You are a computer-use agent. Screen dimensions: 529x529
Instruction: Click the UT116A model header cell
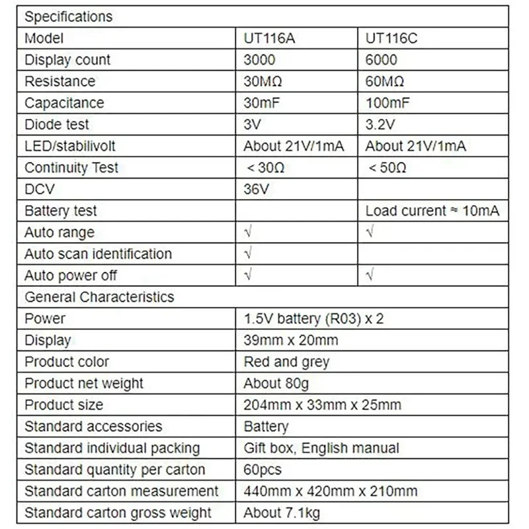pyautogui.click(x=268, y=38)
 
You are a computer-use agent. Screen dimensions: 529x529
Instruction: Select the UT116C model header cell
pyautogui.click(x=391, y=38)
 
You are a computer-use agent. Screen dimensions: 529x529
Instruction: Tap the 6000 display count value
pyautogui.click(x=382, y=60)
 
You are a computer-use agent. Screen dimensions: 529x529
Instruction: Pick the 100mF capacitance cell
pyautogui.click(x=387, y=103)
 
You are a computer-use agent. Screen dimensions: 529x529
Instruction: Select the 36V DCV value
pyautogui.click(x=257, y=189)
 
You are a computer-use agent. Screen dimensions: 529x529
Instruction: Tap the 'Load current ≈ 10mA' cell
pyautogui.click(x=432, y=211)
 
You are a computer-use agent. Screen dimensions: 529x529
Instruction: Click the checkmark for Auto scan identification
pyautogui.click(x=248, y=254)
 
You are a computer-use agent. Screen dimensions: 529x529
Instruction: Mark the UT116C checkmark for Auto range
pyautogui.click(x=370, y=232)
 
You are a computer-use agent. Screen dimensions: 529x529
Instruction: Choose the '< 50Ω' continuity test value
pyautogui.click(x=387, y=168)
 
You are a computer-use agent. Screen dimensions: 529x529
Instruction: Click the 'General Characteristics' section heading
pyautogui.click(x=99, y=297)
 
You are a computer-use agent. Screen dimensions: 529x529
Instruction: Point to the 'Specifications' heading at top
pyautogui.click(x=69, y=17)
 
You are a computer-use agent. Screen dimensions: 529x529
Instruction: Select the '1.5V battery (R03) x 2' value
pyautogui.click(x=313, y=319)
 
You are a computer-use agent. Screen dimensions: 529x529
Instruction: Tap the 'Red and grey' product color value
pyautogui.click(x=286, y=362)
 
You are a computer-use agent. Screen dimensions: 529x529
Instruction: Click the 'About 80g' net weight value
pyautogui.click(x=276, y=384)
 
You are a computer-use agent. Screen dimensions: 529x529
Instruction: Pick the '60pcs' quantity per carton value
pyautogui.click(x=263, y=469)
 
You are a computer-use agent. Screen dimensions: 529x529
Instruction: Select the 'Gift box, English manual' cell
pyautogui.click(x=321, y=448)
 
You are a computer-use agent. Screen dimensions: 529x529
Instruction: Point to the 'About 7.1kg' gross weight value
pyautogui.click(x=282, y=512)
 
